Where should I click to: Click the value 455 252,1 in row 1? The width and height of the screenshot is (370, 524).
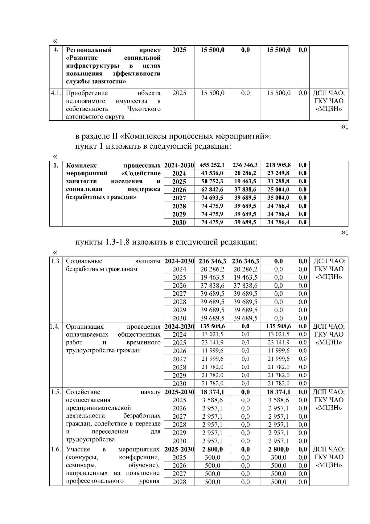[x=212, y=165]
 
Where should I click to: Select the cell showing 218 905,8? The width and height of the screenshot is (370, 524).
[x=278, y=165]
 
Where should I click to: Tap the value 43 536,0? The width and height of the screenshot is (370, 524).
[x=212, y=173]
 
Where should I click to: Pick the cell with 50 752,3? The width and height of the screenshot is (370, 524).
[x=212, y=181]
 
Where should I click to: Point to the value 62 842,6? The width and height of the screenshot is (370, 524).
[x=212, y=189]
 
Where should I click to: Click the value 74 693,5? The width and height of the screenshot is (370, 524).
[x=212, y=198]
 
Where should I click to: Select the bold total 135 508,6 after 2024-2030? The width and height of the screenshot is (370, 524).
[x=212, y=326]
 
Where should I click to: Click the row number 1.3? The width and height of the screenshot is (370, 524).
[x=56, y=261]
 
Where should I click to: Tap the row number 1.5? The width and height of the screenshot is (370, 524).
[x=56, y=392]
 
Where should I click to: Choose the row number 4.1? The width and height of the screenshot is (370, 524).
[x=56, y=93]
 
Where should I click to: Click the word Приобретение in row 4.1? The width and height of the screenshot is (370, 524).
[x=87, y=93]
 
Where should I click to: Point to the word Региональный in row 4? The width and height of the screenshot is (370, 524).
[x=89, y=50]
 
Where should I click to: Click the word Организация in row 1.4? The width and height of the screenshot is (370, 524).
[x=85, y=326]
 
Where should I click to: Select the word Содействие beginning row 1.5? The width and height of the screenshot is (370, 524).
[x=83, y=392]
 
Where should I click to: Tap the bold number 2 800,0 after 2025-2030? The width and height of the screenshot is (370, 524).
[x=212, y=449]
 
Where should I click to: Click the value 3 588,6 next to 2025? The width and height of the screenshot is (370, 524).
[x=212, y=400]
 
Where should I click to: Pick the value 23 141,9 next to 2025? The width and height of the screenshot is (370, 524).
[x=212, y=343]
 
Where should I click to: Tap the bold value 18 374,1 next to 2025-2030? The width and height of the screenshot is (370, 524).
[x=212, y=392]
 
